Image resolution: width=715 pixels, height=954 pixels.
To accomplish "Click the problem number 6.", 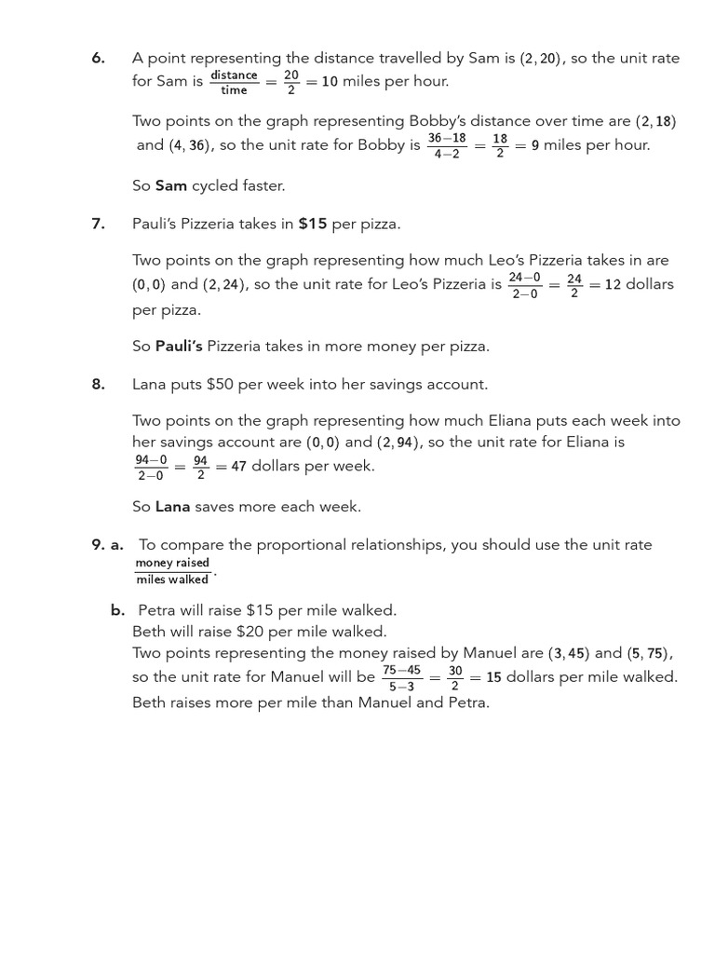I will tap(98, 58).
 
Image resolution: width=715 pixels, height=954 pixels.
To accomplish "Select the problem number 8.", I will tap(98, 384).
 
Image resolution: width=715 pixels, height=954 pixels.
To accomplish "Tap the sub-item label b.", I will tap(117, 610).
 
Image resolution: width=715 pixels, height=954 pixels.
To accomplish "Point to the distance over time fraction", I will tap(234, 82).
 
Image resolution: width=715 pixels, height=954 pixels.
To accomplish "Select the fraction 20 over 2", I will tap(291, 82).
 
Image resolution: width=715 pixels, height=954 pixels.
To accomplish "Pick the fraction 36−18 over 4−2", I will tap(447, 145).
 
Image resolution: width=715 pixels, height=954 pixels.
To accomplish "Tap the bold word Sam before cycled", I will tap(171, 185).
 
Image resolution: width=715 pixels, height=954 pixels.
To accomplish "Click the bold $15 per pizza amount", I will tap(312, 225).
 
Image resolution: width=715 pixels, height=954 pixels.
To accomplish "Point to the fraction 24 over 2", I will tap(574, 285).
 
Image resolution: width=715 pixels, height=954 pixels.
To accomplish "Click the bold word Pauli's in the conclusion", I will tap(179, 347).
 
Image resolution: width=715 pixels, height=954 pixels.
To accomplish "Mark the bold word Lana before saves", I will tap(172, 507).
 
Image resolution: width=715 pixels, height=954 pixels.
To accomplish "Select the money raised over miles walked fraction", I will tap(172, 571).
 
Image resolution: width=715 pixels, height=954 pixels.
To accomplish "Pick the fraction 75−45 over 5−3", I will tap(401, 678).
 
